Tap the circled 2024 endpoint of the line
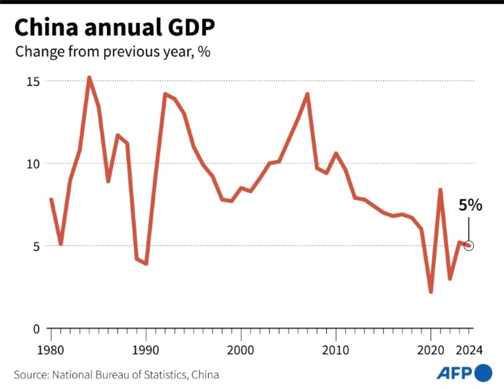click(469, 245)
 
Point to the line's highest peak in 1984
click(89, 78)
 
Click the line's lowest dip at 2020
click(431, 291)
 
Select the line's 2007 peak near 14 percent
click(307, 94)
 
